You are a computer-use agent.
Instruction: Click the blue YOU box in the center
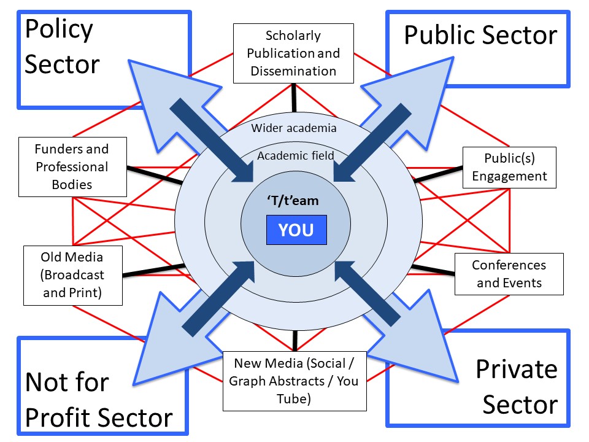[296, 230]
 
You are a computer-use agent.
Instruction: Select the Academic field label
[296, 155]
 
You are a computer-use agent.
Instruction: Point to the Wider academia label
[294, 128]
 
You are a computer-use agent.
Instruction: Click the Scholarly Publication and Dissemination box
[293, 53]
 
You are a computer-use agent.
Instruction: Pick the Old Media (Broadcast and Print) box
[72, 275]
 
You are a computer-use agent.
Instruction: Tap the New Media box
[294, 381]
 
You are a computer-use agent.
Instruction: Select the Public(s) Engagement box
[509, 167]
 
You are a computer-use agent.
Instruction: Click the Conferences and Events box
[509, 274]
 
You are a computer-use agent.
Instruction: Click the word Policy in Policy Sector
[59, 29]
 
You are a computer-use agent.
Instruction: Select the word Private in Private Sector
[517, 370]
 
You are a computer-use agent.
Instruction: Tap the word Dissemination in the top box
[293, 71]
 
